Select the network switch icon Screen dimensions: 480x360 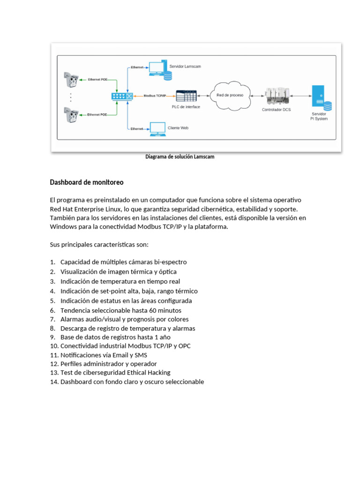(122, 96)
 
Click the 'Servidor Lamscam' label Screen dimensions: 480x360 (185, 67)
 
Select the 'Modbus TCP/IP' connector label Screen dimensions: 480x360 (155, 96)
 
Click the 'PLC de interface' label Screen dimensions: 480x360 (186, 107)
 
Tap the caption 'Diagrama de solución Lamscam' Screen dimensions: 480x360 (180, 157)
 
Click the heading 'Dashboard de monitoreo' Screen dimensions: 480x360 (87, 182)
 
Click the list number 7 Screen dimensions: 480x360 (52, 319)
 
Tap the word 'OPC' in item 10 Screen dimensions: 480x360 (184, 346)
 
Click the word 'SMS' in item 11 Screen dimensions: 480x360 (140, 355)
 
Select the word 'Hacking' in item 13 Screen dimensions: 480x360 (159, 373)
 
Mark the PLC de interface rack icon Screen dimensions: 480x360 (186, 96)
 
